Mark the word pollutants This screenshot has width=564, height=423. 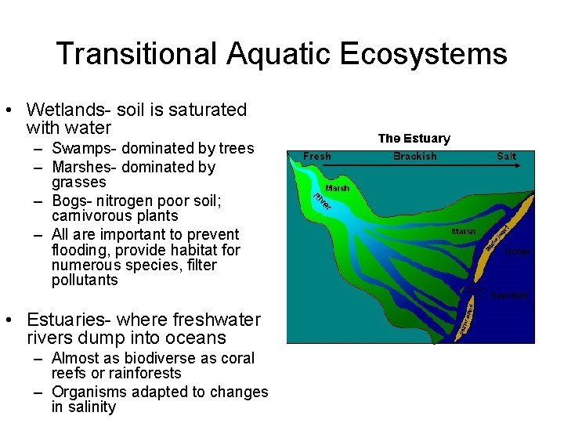click(85, 280)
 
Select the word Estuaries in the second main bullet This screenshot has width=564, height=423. click(70, 320)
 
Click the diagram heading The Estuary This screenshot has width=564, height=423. click(414, 139)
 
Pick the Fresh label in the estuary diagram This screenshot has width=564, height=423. click(317, 156)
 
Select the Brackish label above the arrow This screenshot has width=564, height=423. click(414, 156)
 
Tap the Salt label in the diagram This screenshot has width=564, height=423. click(507, 156)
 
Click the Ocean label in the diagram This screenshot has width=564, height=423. click(517, 251)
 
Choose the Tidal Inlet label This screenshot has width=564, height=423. click(509, 295)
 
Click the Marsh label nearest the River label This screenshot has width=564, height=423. click(337, 188)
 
